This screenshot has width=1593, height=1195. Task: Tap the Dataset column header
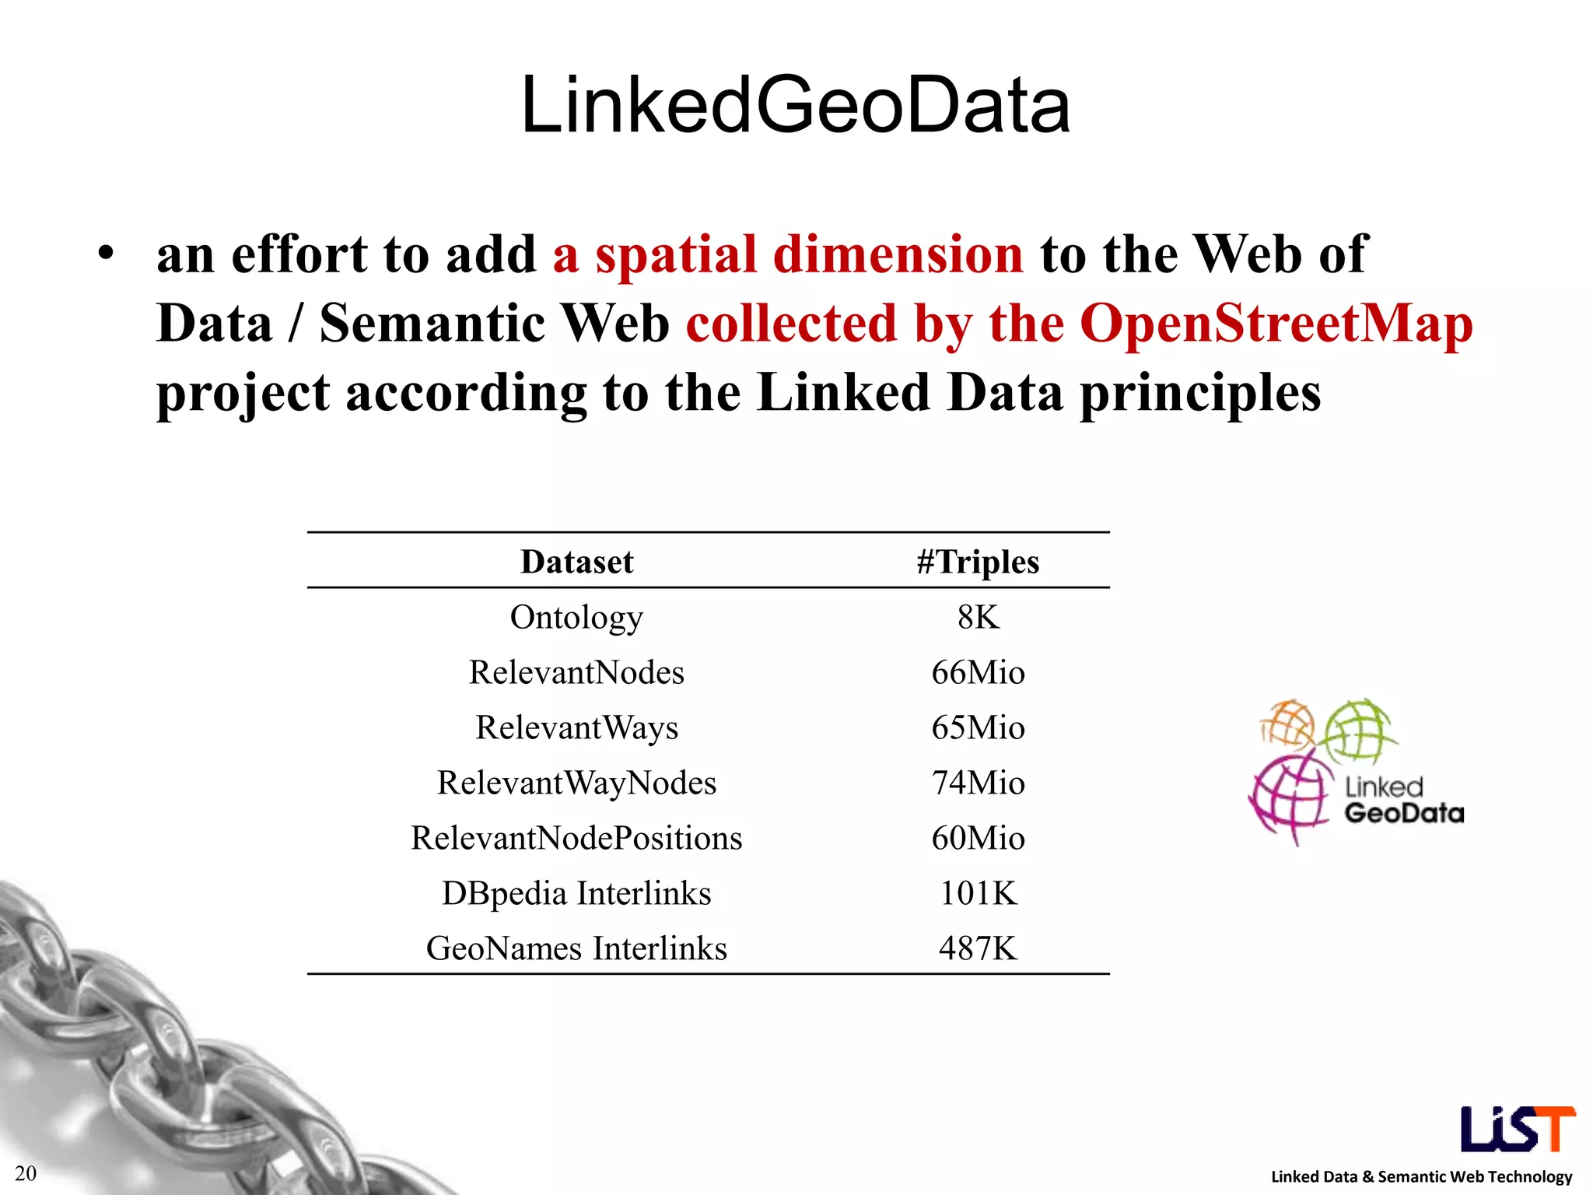coord(576,562)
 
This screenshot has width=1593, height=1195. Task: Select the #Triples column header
coord(978,562)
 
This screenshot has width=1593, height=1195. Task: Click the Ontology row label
coord(576,618)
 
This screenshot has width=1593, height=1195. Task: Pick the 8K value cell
coord(978,618)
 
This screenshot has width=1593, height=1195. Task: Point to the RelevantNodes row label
coord(576,673)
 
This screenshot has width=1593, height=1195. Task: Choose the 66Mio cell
coord(978,673)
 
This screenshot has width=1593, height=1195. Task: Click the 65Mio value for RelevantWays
coord(978,728)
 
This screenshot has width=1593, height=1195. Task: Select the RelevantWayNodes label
coord(576,783)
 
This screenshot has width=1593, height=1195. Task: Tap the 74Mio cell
coord(978,783)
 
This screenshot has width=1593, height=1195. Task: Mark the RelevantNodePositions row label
coord(576,839)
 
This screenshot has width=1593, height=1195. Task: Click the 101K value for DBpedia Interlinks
coord(978,894)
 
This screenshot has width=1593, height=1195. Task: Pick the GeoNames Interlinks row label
coord(576,949)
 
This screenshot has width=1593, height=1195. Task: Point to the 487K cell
coord(978,949)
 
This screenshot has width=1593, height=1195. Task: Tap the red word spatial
coord(675,255)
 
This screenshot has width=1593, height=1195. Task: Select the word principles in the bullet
coord(1200,393)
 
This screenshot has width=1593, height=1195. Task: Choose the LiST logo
coord(1517,1129)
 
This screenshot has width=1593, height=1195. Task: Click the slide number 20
coord(26,1173)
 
